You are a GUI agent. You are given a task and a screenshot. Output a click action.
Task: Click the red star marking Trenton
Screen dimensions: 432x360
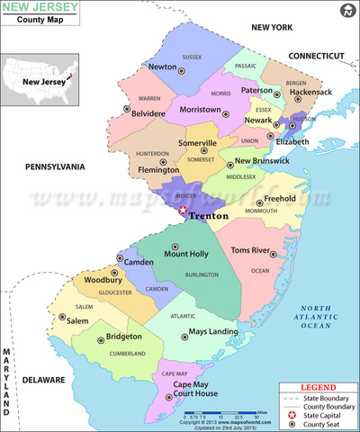(183, 210)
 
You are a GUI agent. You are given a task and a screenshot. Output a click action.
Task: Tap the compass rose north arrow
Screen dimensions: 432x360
(346, 12)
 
